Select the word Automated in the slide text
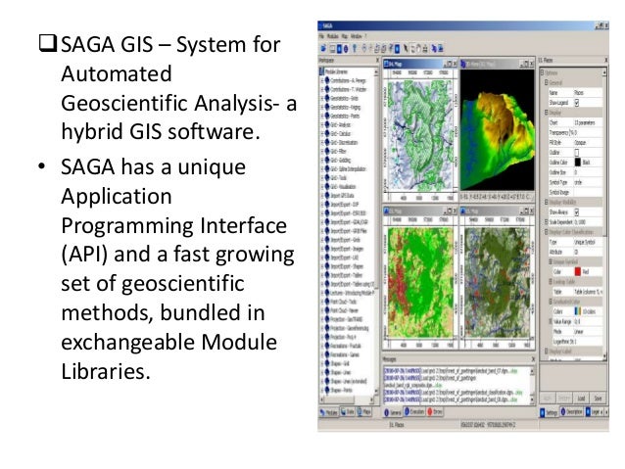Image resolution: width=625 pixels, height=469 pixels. (x=116, y=74)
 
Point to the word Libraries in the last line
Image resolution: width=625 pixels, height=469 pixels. (x=105, y=373)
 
